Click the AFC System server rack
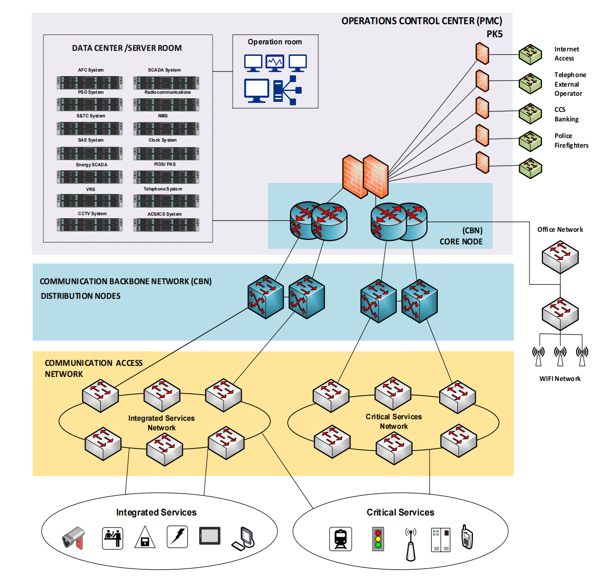[90, 82]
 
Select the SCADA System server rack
[166, 82]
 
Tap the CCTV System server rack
[90, 225]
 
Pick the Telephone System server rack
[166, 201]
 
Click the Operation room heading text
[275, 42]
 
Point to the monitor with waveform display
[275, 63]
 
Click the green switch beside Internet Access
[530, 54]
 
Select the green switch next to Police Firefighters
[530, 141]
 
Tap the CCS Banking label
[566, 114]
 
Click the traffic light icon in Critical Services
[378, 539]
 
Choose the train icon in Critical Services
[340, 539]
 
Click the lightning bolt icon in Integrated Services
[177, 537]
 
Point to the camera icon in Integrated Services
[74, 538]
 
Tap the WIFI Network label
[560, 378]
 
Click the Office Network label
[560, 229]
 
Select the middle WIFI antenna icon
[560, 355]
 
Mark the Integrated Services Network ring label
[161, 423]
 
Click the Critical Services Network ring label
[393, 421]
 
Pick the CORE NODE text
[461, 241]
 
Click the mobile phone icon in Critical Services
[467, 537]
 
